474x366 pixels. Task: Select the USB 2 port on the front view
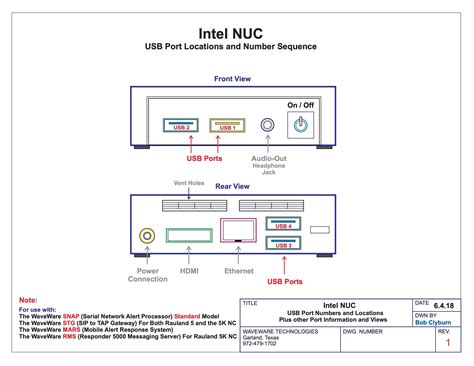[x=180, y=126]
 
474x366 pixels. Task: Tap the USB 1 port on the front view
[x=227, y=126]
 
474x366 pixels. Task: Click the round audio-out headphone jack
[x=267, y=125]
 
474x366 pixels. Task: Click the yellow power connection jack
[x=148, y=235]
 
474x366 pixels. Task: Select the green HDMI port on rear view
[x=190, y=235]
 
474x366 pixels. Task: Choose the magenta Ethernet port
[x=238, y=231]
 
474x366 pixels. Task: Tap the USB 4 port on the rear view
[x=283, y=226]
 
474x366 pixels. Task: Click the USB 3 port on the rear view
[x=283, y=243]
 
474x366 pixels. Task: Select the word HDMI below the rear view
[x=190, y=270]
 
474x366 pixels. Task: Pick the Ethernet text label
[x=238, y=270]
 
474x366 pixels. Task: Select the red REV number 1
[x=447, y=343]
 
